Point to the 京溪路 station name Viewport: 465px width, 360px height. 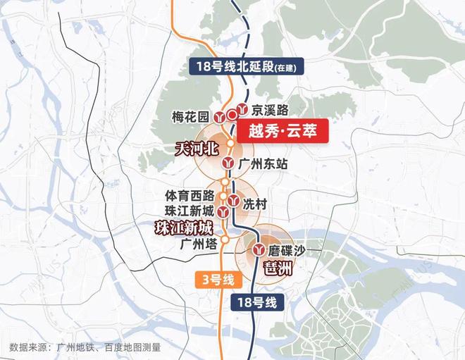(x=271, y=110)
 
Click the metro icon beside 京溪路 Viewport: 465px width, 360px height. (x=242, y=109)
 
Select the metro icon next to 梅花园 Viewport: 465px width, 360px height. (x=221, y=118)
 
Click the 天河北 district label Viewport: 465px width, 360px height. (x=197, y=149)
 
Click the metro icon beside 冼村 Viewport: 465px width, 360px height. (x=232, y=200)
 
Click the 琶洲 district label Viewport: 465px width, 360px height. (x=275, y=266)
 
